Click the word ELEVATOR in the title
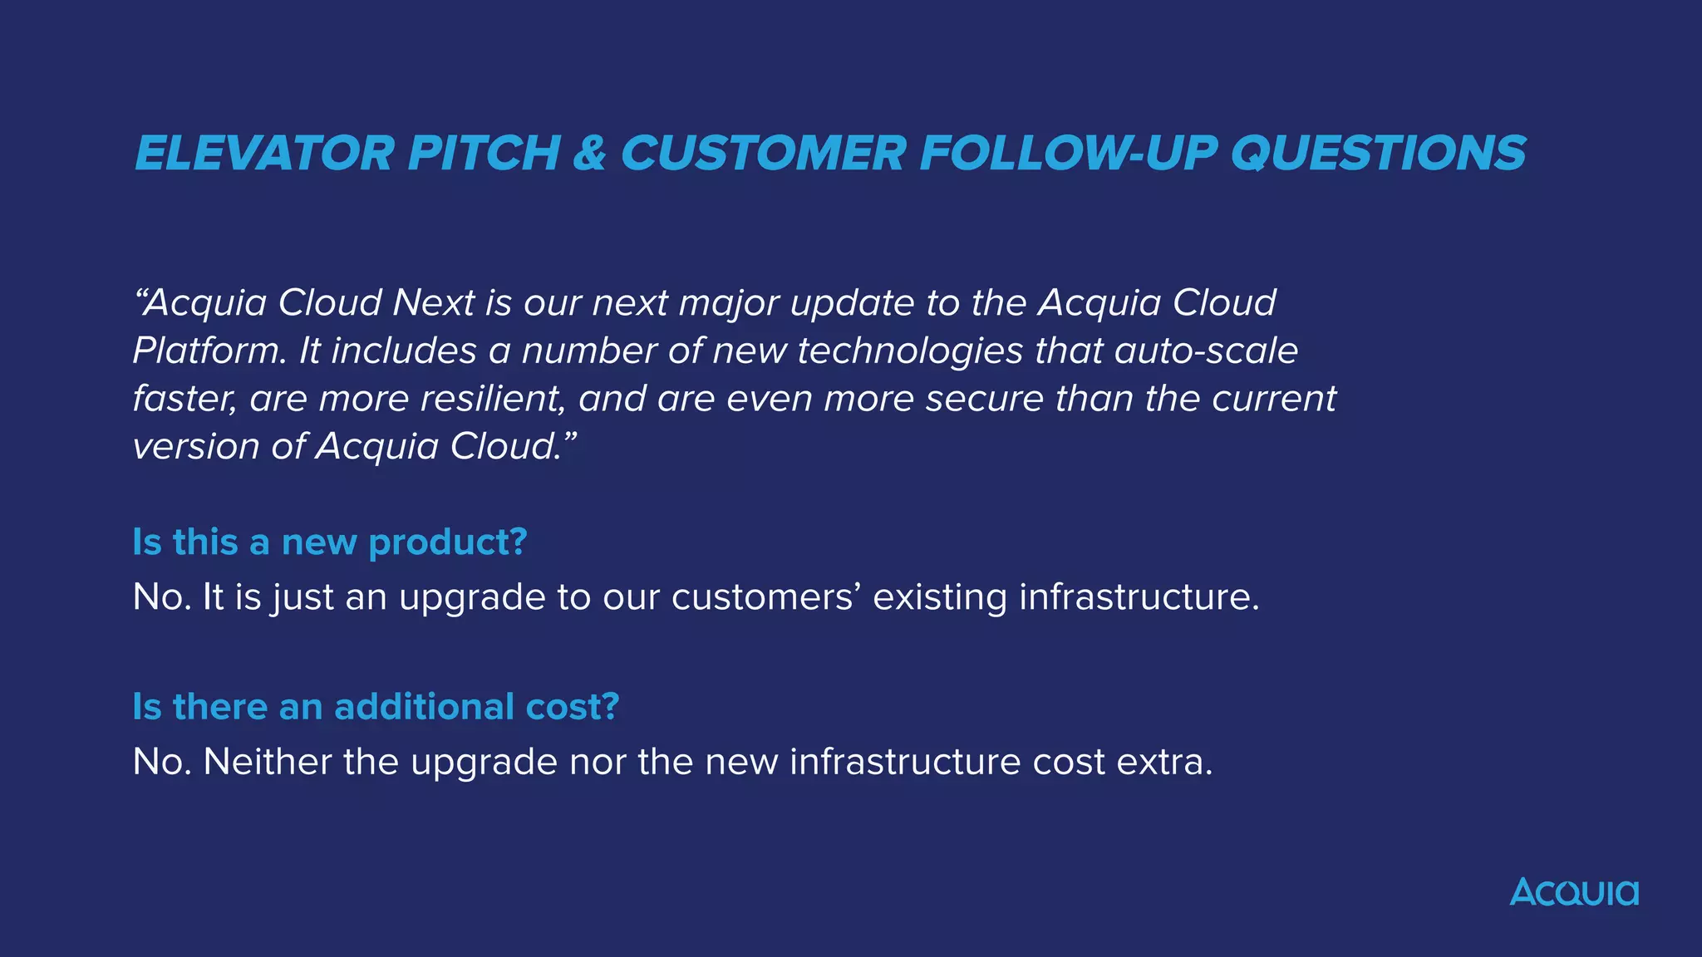pos(264,154)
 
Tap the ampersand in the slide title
pos(589,154)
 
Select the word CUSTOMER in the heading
pos(763,154)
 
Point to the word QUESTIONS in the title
pos(1378,154)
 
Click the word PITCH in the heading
pos(484,154)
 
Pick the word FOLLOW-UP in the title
pos(1068,154)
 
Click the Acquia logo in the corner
pos(1574,892)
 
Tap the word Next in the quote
pos(433,302)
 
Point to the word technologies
pos(910,351)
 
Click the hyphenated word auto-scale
pos(1206,351)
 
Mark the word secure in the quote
pos(984,399)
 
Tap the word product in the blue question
pos(447,542)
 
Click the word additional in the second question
pos(425,707)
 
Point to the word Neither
pos(268,762)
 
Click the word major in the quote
pos(728,302)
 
